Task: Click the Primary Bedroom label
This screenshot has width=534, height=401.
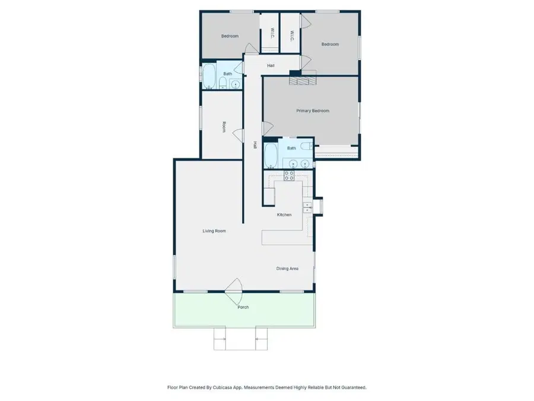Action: pyautogui.click(x=313, y=110)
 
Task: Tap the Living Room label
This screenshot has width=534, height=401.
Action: pyautogui.click(x=214, y=231)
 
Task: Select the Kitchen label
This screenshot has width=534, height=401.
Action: pyautogui.click(x=284, y=214)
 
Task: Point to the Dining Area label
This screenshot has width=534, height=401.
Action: pyautogui.click(x=287, y=269)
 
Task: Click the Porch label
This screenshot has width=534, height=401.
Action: pyautogui.click(x=243, y=307)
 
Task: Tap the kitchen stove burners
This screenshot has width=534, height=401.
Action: pyautogui.click(x=290, y=175)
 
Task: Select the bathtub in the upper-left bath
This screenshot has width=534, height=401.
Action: pyautogui.click(x=209, y=76)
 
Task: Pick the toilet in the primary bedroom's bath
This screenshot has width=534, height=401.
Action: pyautogui.click(x=305, y=146)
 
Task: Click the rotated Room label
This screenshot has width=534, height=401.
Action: pyautogui.click(x=224, y=127)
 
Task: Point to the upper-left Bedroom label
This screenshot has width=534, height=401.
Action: pyautogui.click(x=230, y=36)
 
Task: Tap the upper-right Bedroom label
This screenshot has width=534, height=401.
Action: pyautogui.click(x=330, y=45)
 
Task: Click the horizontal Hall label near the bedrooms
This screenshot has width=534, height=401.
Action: pyautogui.click(x=271, y=65)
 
